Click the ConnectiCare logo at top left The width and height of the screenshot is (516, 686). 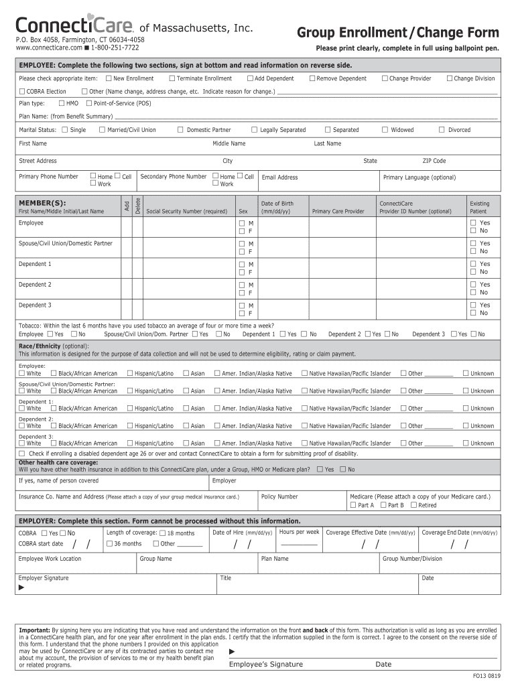(x=74, y=26)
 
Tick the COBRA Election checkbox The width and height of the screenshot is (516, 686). (x=22, y=91)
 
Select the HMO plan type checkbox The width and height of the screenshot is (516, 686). (x=62, y=103)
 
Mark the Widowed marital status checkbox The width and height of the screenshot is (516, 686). (x=385, y=130)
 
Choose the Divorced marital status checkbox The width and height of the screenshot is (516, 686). (x=442, y=130)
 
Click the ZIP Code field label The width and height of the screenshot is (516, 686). (x=434, y=161)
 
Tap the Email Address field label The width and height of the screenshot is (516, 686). (x=279, y=178)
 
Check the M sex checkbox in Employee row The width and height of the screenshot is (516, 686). (x=242, y=223)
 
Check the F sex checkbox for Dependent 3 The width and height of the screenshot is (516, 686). (x=242, y=313)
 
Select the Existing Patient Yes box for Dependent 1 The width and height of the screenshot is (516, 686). (x=473, y=264)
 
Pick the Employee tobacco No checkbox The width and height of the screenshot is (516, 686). (x=73, y=334)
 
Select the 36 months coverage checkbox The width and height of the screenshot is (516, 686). (x=110, y=544)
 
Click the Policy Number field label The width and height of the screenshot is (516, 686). (x=279, y=496)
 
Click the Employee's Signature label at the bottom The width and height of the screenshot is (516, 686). (x=266, y=665)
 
